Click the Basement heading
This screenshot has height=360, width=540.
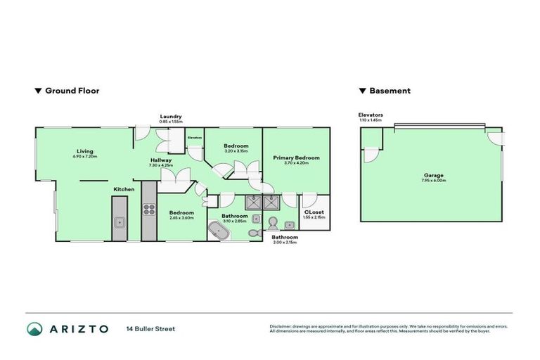(389, 91)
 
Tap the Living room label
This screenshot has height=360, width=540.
(85, 150)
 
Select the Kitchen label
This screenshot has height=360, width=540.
(124, 189)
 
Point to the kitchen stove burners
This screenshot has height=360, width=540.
(149, 208)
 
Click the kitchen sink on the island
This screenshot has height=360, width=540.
(119, 222)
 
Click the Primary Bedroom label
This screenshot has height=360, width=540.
(296, 157)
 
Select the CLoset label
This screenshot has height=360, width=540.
(313, 211)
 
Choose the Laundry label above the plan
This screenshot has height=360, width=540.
(170, 116)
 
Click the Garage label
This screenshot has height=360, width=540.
(433, 175)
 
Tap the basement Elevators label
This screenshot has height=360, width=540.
(370, 114)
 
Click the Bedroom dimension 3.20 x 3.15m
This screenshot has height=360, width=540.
(236, 151)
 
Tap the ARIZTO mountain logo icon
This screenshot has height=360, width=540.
(35, 328)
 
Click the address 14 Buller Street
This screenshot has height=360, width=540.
(150, 328)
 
